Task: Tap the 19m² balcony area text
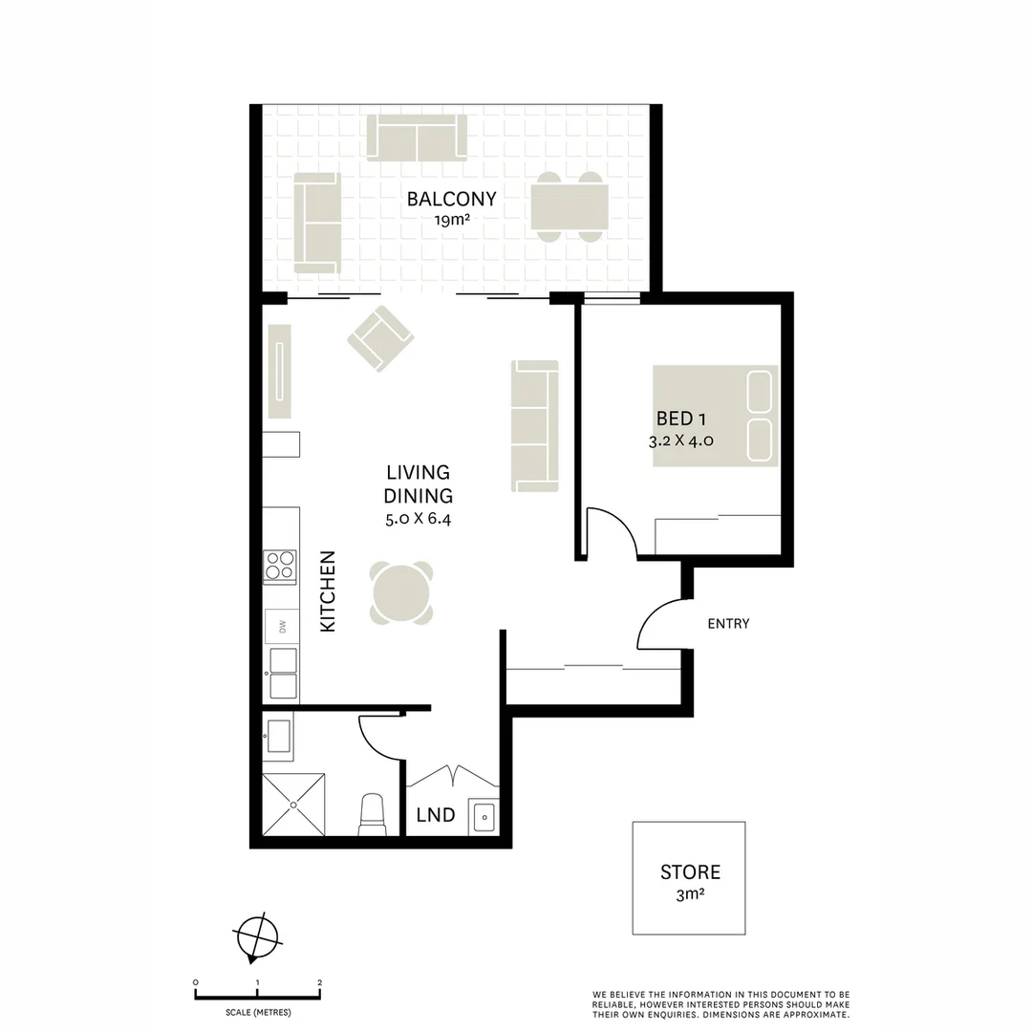click(452, 220)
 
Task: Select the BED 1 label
click(680, 419)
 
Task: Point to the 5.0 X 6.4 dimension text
click(418, 521)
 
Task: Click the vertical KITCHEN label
click(328, 590)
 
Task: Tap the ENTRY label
click(728, 624)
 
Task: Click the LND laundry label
click(435, 816)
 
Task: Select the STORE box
click(689, 878)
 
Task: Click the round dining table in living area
click(401, 592)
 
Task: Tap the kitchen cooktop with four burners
click(280, 567)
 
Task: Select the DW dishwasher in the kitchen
click(282, 627)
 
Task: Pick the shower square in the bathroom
click(294, 805)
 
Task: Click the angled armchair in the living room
click(379, 338)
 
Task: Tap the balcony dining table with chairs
click(570, 206)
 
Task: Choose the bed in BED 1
click(715, 417)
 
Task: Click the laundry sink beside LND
click(484, 817)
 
